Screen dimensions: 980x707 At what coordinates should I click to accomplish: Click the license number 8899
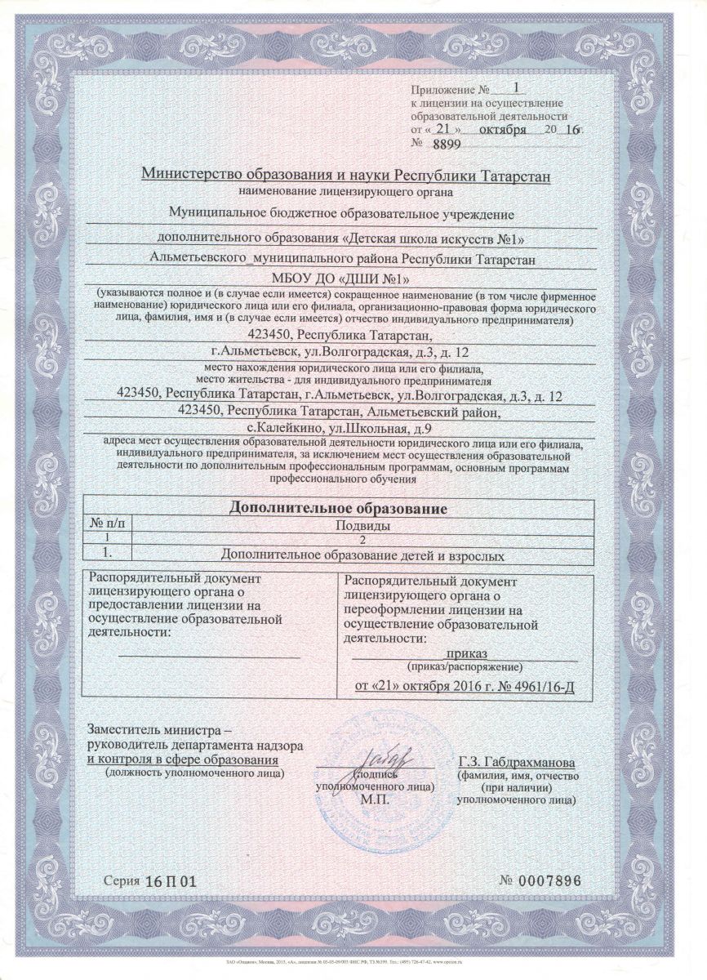tap(444, 143)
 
